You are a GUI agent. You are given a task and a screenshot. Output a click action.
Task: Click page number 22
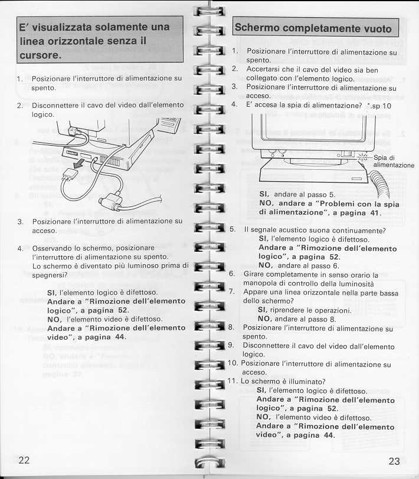point(24,460)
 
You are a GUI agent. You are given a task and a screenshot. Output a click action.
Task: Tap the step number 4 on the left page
point(20,248)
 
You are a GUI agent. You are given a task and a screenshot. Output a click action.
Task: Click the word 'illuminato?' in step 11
point(305,381)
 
